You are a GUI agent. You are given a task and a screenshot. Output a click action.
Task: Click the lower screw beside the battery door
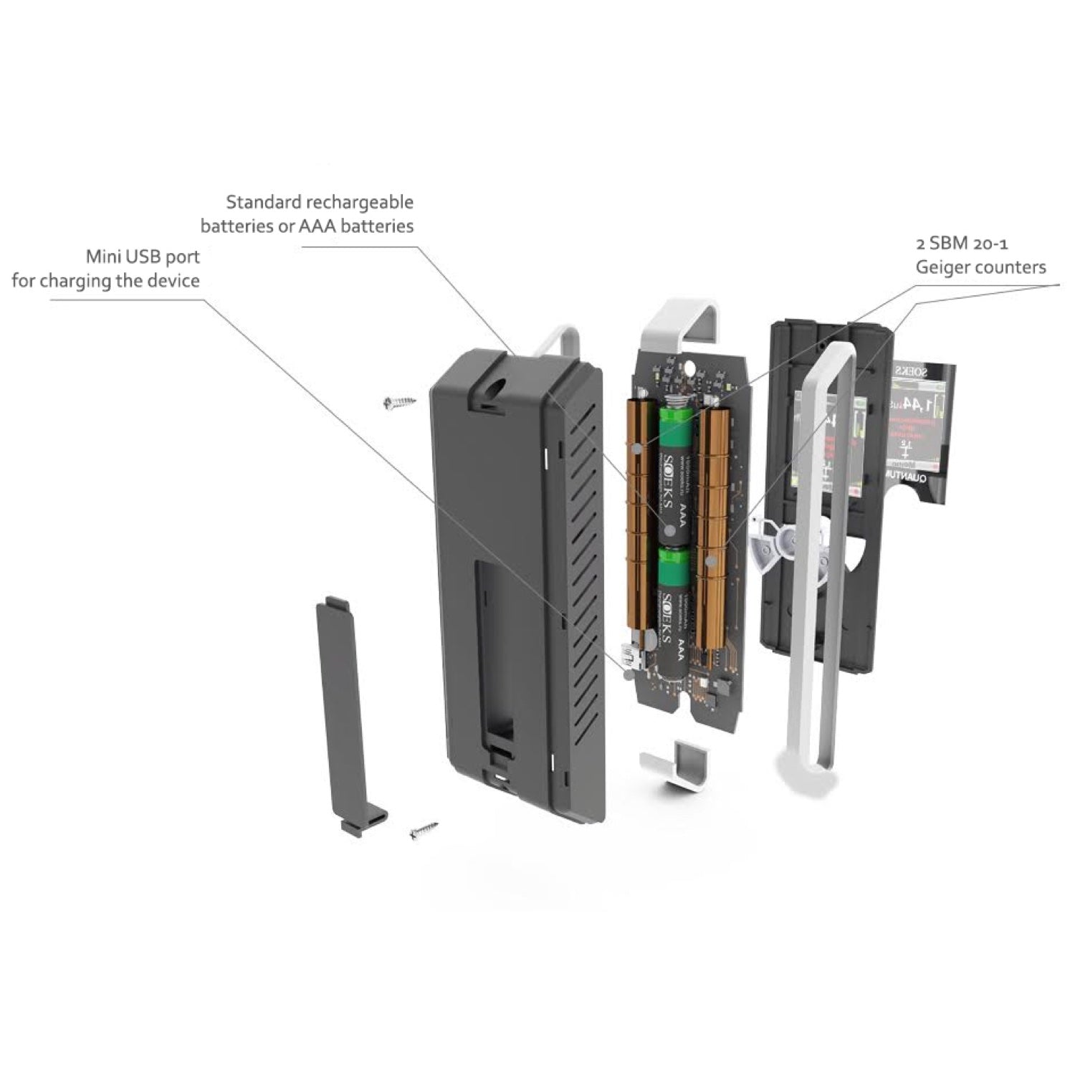[x=424, y=831]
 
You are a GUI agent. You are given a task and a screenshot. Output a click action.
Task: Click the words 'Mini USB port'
[x=143, y=257]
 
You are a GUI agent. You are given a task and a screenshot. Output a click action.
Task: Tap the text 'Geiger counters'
[x=980, y=267]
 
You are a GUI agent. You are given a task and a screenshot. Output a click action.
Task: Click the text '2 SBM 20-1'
[x=962, y=244]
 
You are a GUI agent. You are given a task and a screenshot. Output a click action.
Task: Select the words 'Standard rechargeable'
[x=320, y=202]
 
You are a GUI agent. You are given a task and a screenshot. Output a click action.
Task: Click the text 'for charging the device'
[x=105, y=280]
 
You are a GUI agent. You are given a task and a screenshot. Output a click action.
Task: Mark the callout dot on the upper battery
[x=669, y=531]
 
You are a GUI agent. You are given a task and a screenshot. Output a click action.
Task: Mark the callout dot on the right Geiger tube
[x=712, y=562]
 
